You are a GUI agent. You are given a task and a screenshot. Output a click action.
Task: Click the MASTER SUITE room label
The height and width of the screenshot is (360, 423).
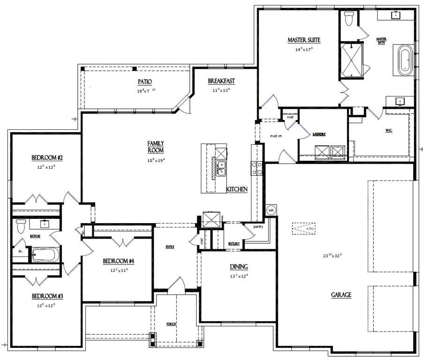(x=304, y=40)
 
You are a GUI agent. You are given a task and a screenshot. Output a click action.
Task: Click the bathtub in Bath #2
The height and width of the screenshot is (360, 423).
(x=45, y=255)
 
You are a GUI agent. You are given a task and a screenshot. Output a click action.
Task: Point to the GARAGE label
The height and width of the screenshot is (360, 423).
(x=341, y=295)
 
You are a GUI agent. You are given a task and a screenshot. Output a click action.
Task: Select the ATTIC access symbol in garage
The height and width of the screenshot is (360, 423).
(x=304, y=228)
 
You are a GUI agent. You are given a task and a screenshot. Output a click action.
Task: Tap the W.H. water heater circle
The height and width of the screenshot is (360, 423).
(x=271, y=210)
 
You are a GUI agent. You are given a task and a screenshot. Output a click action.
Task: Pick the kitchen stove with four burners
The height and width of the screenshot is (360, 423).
(x=256, y=168)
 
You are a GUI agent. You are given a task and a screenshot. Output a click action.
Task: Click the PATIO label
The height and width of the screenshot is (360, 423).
(x=144, y=82)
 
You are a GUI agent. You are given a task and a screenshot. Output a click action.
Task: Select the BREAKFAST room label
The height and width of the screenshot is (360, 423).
(x=221, y=81)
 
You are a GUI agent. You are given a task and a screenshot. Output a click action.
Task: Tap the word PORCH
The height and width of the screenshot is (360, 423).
(x=171, y=324)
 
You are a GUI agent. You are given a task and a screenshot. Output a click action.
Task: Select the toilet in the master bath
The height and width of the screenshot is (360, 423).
(x=348, y=19)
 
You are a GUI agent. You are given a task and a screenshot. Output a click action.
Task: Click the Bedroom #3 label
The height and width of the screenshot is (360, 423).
(x=44, y=296)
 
